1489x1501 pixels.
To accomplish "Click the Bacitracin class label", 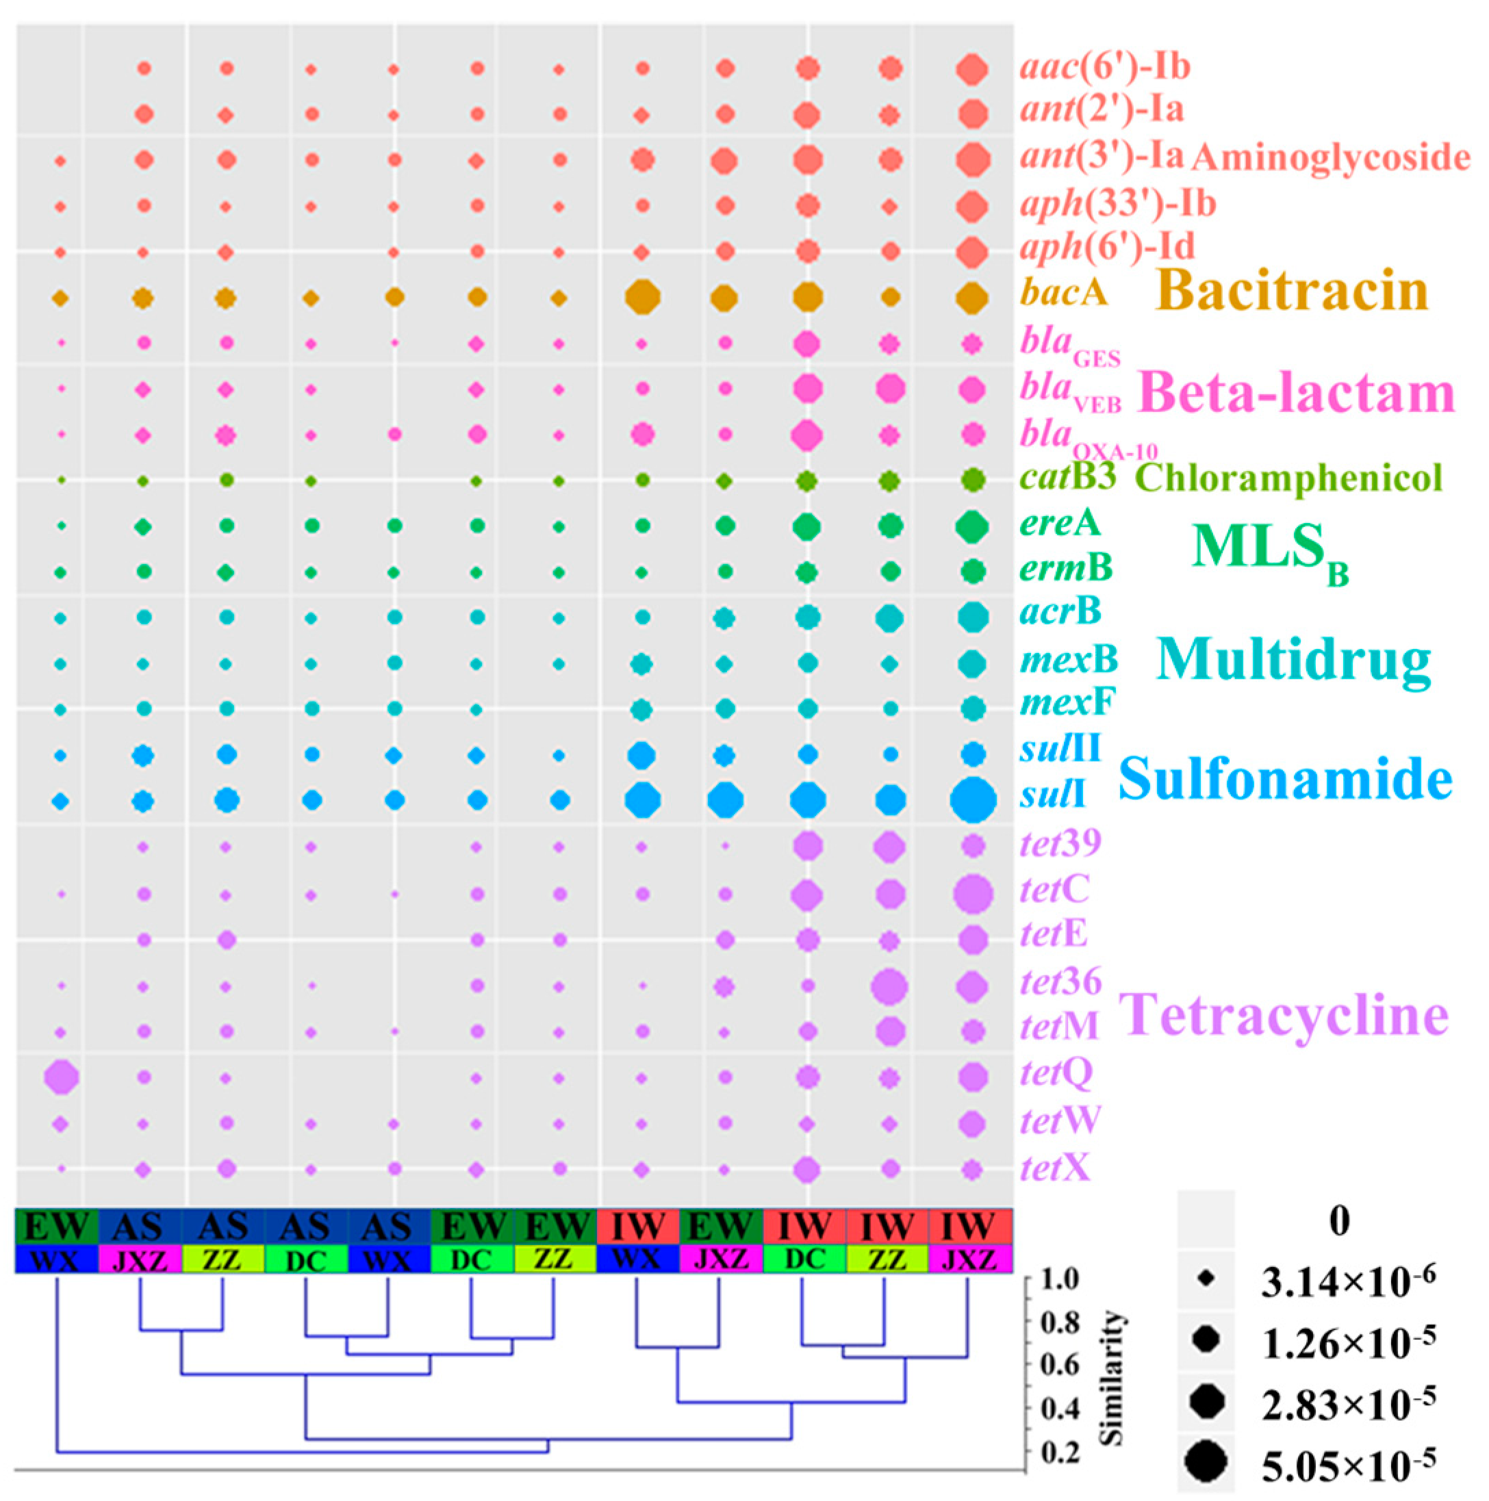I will (1292, 292).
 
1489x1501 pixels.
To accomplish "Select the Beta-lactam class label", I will (1295, 393).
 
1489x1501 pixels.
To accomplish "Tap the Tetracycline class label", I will (1283, 1014).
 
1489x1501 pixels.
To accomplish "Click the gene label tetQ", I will (1056, 1073).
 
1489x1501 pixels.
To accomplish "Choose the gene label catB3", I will (1068, 478).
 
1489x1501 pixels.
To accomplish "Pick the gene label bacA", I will (1063, 294).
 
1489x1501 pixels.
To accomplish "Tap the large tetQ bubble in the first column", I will (62, 1077).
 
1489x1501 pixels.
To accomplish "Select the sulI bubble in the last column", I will (973, 799).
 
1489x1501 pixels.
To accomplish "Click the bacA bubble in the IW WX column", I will (643, 297).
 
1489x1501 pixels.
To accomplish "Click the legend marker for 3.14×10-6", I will (1206, 1279).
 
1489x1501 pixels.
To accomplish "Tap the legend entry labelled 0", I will (1339, 1220).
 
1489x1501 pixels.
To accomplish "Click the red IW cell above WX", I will (639, 1227).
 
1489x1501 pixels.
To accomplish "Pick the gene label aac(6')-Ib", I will (1105, 68).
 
